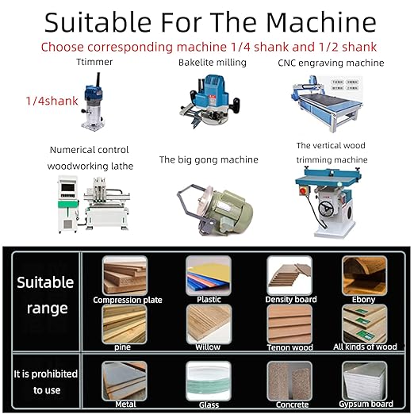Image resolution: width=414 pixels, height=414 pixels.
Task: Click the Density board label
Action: point(292,300)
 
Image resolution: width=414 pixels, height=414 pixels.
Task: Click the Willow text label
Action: point(209,347)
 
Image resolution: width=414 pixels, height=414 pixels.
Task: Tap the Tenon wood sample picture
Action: point(289,323)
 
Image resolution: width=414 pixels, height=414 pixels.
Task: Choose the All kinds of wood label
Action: point(364,347)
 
